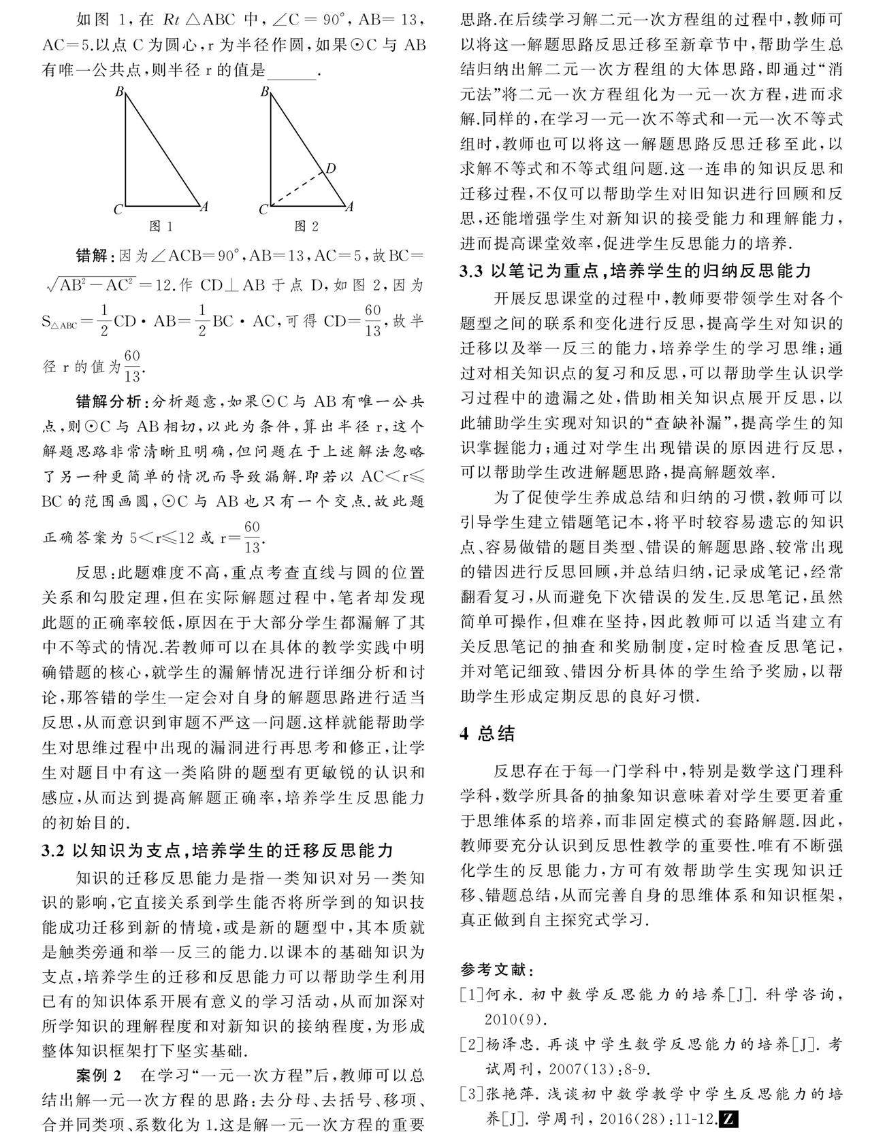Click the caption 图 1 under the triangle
coord(161,226)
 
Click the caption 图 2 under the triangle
coord(306,226)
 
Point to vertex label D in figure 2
coord(331,168)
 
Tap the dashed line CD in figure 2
coord(297,188)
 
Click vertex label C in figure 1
coord(118,209)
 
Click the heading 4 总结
coord(487,733)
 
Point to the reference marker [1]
coord(471,995)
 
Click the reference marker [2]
coord(471,1044)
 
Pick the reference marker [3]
coord(471,1094)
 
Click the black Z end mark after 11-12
coord(729,1118)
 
